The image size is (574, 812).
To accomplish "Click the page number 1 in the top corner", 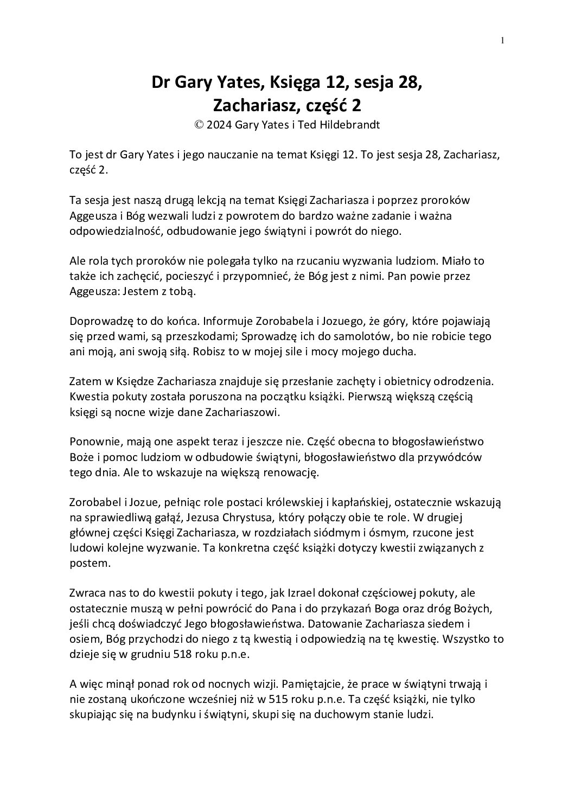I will (x=502, y=40).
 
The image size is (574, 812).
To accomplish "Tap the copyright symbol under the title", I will (x=199, y=124).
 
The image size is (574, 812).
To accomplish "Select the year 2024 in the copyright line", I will (x=219, y=124).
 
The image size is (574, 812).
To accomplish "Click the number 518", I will (x=184, y=655).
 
